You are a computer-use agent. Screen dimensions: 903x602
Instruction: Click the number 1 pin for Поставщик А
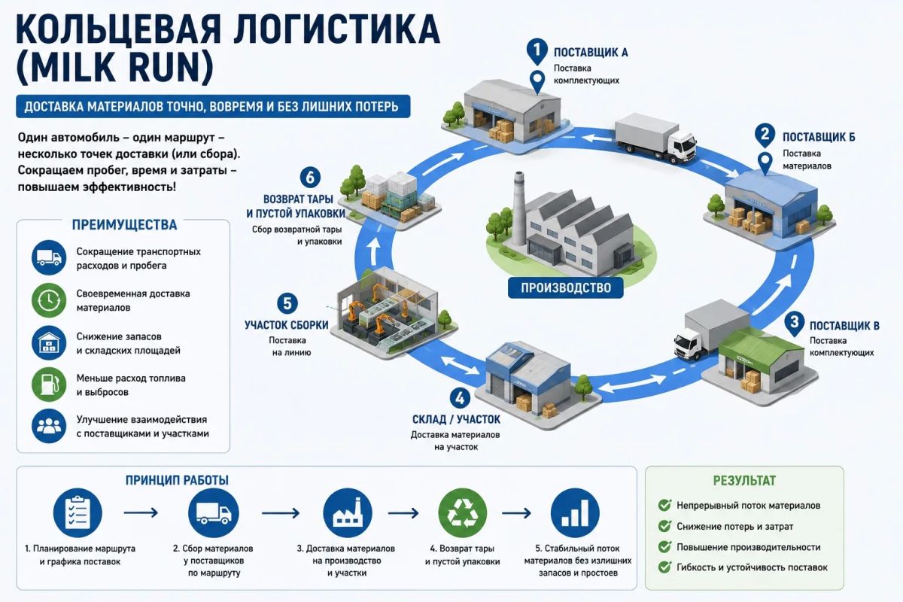[x=537, y=51]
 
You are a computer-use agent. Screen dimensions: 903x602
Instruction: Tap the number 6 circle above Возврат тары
[x=310, y=178]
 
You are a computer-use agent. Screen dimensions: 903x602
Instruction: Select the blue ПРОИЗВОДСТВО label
[x=566, y=288]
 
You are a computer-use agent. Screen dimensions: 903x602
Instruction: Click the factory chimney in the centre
[x=519, y=209]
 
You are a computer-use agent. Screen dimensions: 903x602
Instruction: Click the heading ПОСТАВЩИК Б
[x=819, y=138]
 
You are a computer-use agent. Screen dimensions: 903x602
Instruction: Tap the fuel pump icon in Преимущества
[x=49, y=385]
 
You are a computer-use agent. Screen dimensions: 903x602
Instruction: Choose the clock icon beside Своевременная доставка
[x=49, y=300]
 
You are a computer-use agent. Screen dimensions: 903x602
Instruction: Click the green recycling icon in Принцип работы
[x=462, y=513]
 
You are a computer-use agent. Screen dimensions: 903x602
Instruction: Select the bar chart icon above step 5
[x=575, y=513]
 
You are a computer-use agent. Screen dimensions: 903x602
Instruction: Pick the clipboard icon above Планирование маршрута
[x=78, y=513]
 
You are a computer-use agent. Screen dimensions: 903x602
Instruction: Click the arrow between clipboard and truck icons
[x=141, y=513]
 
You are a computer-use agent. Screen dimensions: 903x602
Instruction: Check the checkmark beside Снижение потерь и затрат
[x=664, y=526]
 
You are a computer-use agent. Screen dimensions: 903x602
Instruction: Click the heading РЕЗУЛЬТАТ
[x=744, y=481]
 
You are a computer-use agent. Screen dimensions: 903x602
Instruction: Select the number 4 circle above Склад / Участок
[x=460, y=398]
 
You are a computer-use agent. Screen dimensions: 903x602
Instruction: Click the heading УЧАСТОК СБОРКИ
[x=287, y=325]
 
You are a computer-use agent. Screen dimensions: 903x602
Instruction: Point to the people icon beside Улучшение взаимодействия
[x=49, y=426]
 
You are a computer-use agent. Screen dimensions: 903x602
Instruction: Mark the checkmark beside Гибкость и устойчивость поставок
[x=664, y=567]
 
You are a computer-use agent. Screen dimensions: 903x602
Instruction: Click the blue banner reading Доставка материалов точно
[x=213, y=106]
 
